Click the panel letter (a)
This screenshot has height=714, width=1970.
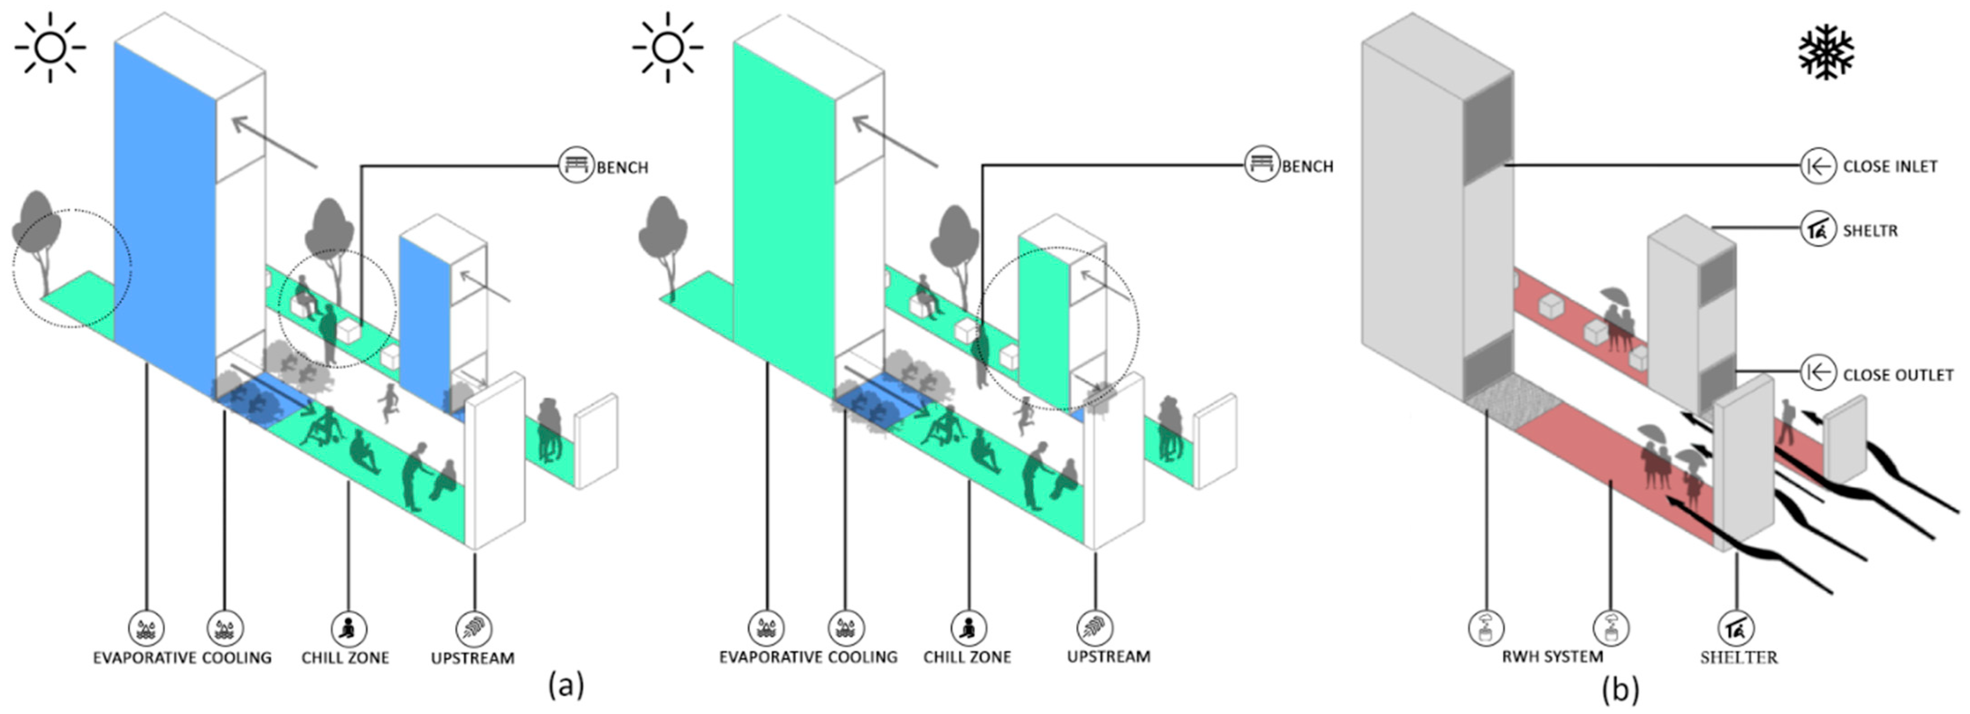(x=566, y=685)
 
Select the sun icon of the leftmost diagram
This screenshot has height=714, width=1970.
(x=51, y=47)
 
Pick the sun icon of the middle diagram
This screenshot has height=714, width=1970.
(x=668, y=47)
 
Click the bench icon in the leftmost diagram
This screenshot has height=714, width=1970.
(x=576, y=164)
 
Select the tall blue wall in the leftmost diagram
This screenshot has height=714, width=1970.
(x=165, y=214)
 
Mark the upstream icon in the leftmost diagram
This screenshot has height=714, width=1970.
(x=474, y=629)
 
